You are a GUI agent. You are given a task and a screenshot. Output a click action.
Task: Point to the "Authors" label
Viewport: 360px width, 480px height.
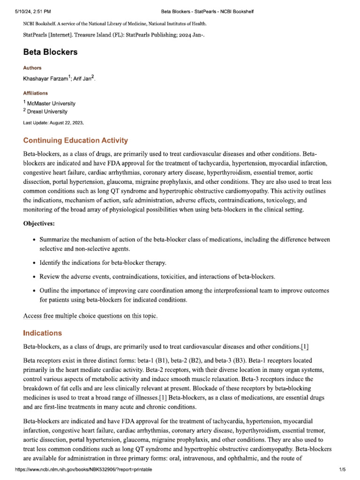[x=32, y=68]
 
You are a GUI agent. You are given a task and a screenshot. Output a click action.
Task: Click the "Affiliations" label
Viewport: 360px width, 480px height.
[x=35, y=93]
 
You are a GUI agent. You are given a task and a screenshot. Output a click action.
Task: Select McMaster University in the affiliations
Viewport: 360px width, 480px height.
[x=52, y=103]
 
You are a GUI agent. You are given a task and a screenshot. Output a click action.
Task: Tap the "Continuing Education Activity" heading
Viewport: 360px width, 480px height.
[x=75, y=141]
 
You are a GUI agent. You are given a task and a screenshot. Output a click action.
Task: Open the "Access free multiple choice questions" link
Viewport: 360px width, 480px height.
[x=90, y=316]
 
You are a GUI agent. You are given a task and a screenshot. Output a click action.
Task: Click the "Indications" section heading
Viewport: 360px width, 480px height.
[x=42, y=333]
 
